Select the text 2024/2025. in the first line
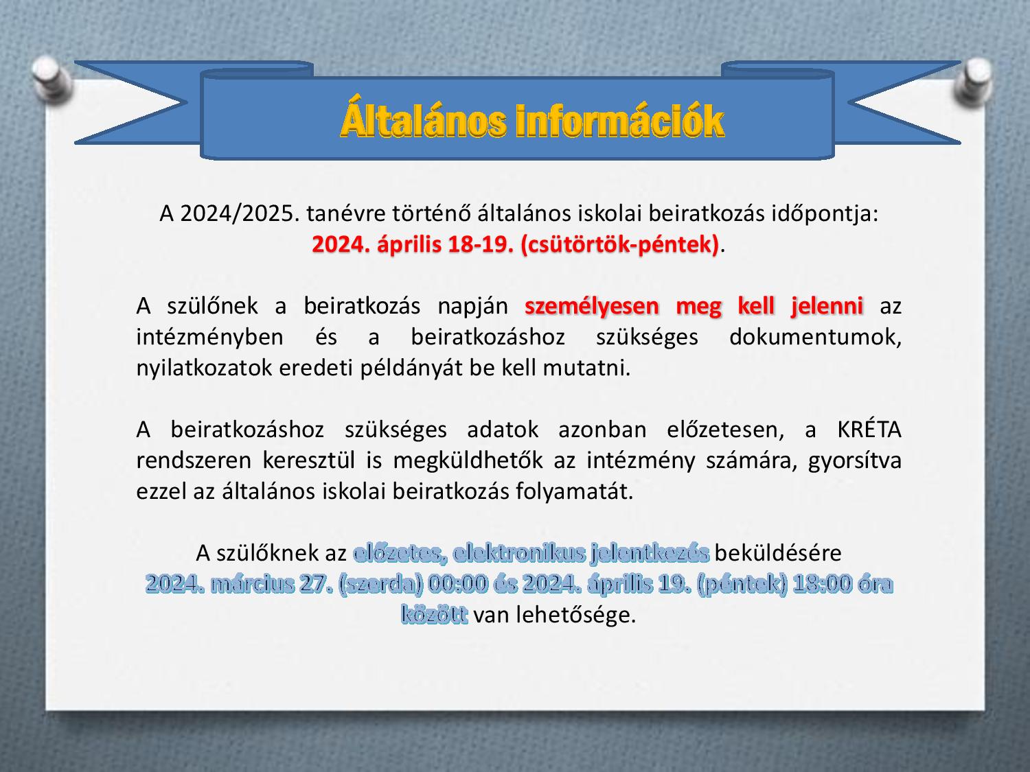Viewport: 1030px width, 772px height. pos(240,214)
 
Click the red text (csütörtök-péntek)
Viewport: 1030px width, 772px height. pos(619,245)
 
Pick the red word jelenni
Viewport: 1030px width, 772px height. pos(827,306)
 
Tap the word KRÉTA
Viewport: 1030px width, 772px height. pos(869,430)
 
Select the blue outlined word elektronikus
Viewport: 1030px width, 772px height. pos(519,554)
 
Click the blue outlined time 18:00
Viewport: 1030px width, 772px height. pos(821,584)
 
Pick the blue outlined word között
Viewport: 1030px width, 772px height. pos(435,614)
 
